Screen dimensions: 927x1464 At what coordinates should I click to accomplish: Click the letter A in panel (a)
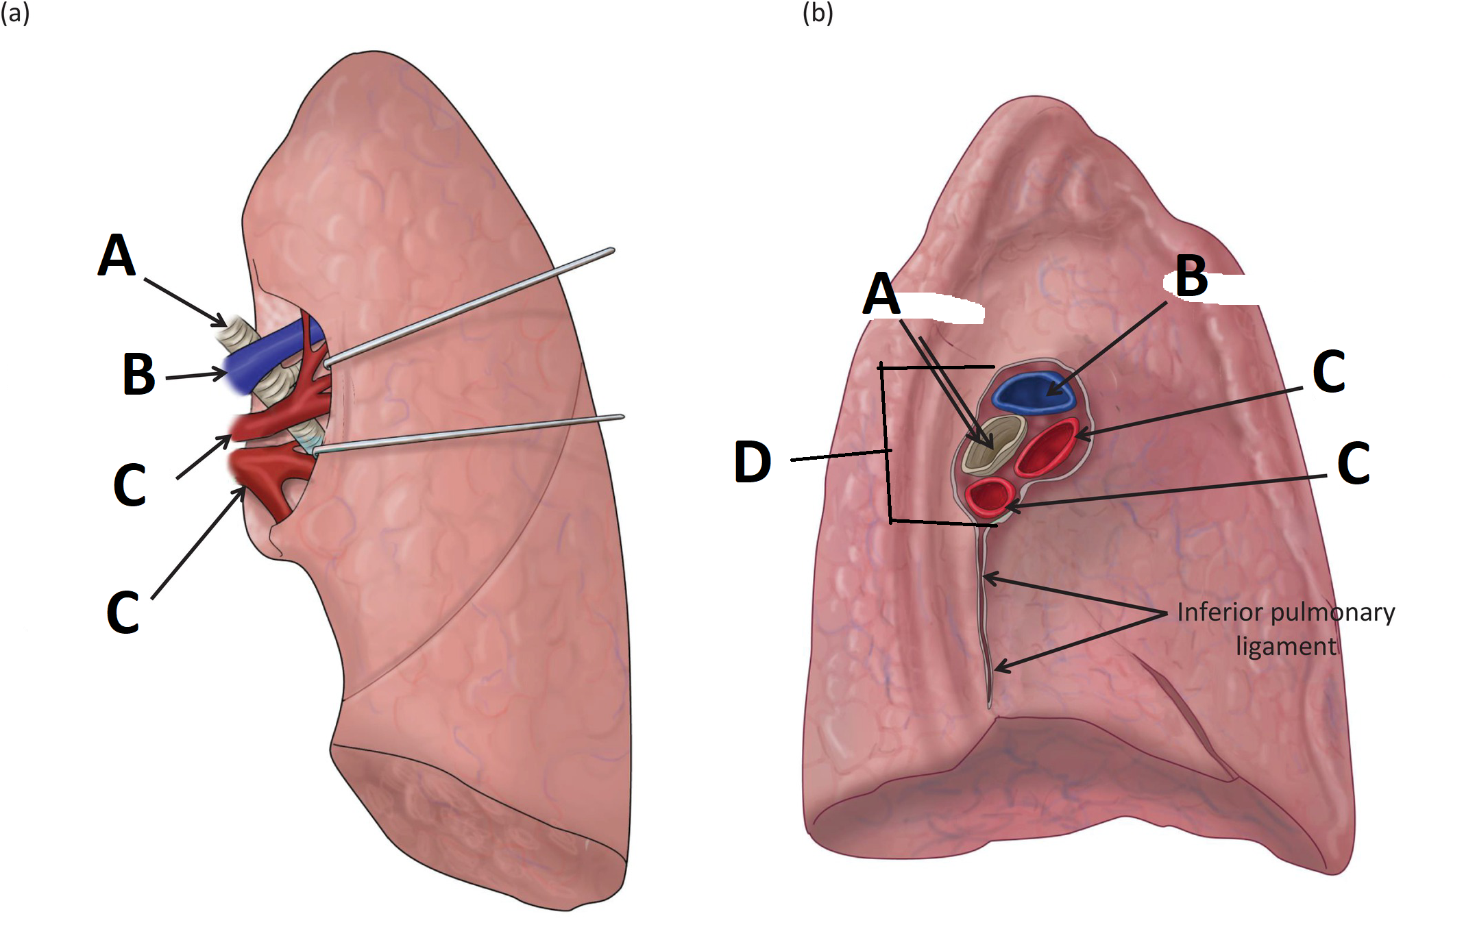pos(117,255)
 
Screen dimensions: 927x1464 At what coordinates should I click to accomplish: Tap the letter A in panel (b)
pos(881,294)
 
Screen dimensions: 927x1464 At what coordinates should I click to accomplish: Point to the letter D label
pos(752,462)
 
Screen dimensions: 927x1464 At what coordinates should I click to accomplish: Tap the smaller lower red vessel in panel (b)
pos(989,495)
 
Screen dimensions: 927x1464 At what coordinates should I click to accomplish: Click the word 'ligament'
pos(1286,646)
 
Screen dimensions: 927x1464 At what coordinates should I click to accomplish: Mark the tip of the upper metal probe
pos(328,363)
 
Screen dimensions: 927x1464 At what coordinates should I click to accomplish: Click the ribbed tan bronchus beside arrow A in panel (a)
pos(236,332)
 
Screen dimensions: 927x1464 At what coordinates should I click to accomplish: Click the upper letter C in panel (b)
pos(1328,372)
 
